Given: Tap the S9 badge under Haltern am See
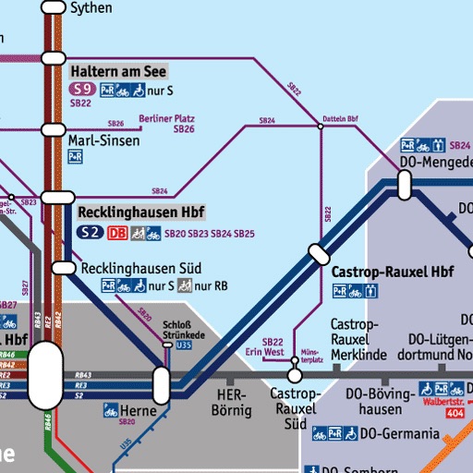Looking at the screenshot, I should pos(82,90).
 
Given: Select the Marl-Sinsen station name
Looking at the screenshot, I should pos(104,140).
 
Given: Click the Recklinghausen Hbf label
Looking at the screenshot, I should pos(141,212).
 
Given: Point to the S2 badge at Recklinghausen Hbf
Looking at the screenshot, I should pos(89,233).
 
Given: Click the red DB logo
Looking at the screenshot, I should pos(117,233).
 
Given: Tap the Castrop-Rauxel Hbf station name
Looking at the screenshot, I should pos(392,273).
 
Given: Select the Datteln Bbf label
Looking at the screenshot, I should pos(340,119).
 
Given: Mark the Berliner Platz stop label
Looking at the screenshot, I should pos(166,118).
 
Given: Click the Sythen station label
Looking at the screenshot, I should pos(91,8).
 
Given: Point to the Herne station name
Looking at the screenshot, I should pos(139,409).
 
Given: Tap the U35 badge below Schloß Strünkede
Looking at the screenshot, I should pos(183,345).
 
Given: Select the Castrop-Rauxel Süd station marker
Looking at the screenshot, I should pos(295,375).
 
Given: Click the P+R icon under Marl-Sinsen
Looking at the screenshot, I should pos(76,157).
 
